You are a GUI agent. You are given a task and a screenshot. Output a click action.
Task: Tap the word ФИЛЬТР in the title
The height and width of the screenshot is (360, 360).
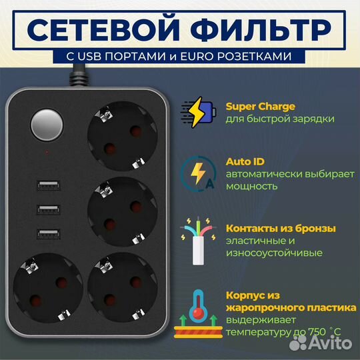point(267,29)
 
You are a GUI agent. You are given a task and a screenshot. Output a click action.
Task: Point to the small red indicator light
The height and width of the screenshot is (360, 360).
point(47,153)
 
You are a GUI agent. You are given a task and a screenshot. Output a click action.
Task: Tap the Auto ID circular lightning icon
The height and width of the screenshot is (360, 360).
point(199,172)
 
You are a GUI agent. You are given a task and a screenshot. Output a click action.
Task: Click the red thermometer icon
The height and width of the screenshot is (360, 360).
point(199,311)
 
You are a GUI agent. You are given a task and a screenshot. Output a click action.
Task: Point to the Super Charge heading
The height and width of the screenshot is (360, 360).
point(261,106)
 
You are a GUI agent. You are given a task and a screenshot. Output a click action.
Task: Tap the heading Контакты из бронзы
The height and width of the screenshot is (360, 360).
point(281,228)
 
